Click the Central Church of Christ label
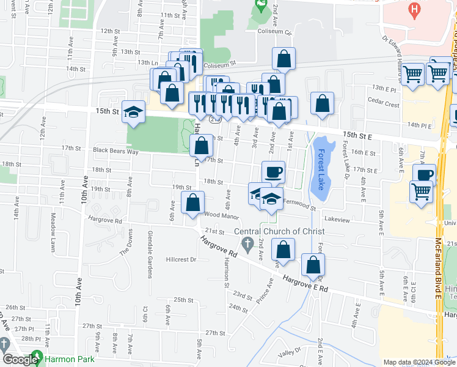pos(279,232)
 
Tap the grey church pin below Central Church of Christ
pos(247,246)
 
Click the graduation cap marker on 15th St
pos(133,112)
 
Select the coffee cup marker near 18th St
pos(273,172)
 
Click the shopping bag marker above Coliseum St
pos(283,59)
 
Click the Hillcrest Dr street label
pos(180,259)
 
